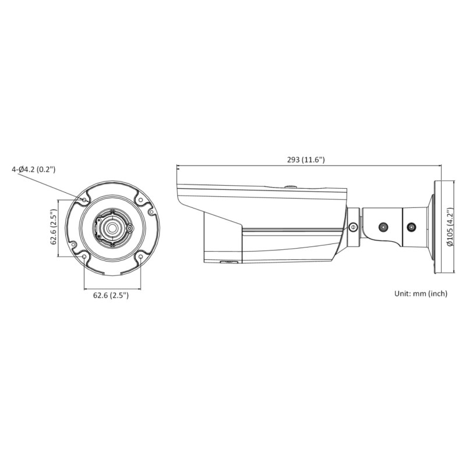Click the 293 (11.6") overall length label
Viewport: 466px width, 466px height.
[x=306, y=159]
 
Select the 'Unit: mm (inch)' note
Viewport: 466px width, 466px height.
[x=421, y=294]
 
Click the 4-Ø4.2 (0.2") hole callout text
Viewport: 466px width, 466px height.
[x=33, y=170]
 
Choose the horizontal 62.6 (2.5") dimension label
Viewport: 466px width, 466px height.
[x=111, y=295]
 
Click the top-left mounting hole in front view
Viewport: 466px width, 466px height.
[x=85, y=200]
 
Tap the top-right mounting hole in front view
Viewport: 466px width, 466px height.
[x=140, y=200]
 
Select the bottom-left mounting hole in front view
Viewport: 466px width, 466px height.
[x=85, y=256]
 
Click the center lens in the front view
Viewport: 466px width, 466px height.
[x=112, y=228]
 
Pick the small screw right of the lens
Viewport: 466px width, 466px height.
[x=128, y=229]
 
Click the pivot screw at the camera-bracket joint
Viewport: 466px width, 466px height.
[x=352, y=227]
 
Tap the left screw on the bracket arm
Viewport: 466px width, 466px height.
[x=383, y=227]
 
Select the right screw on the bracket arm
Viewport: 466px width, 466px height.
[x=411, y=227]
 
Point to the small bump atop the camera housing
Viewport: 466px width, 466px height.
[x=290, y=187]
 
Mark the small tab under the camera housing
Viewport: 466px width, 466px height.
[x=231, y=263]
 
